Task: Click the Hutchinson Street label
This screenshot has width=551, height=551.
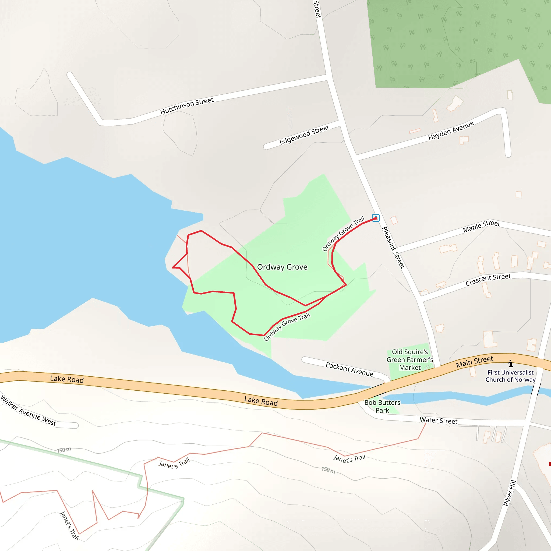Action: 187,106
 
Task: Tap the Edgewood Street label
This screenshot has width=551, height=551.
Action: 304,135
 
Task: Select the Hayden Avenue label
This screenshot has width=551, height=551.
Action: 451,130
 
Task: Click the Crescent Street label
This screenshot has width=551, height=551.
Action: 488,280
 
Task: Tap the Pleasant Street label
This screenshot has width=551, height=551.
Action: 393,247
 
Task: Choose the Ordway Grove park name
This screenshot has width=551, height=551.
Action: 282,267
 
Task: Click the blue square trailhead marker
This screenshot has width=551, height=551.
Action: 376,218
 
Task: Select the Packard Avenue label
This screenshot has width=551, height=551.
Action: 349,369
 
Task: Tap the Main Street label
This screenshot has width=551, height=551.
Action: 475,362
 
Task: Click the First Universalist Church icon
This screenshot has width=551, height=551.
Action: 510,364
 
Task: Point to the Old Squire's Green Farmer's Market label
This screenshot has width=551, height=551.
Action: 410,360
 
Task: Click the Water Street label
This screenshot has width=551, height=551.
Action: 438,421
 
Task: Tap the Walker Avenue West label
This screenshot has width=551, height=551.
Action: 29,411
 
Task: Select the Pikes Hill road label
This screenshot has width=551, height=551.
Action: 510,493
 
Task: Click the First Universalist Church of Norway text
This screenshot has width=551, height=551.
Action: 510,376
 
